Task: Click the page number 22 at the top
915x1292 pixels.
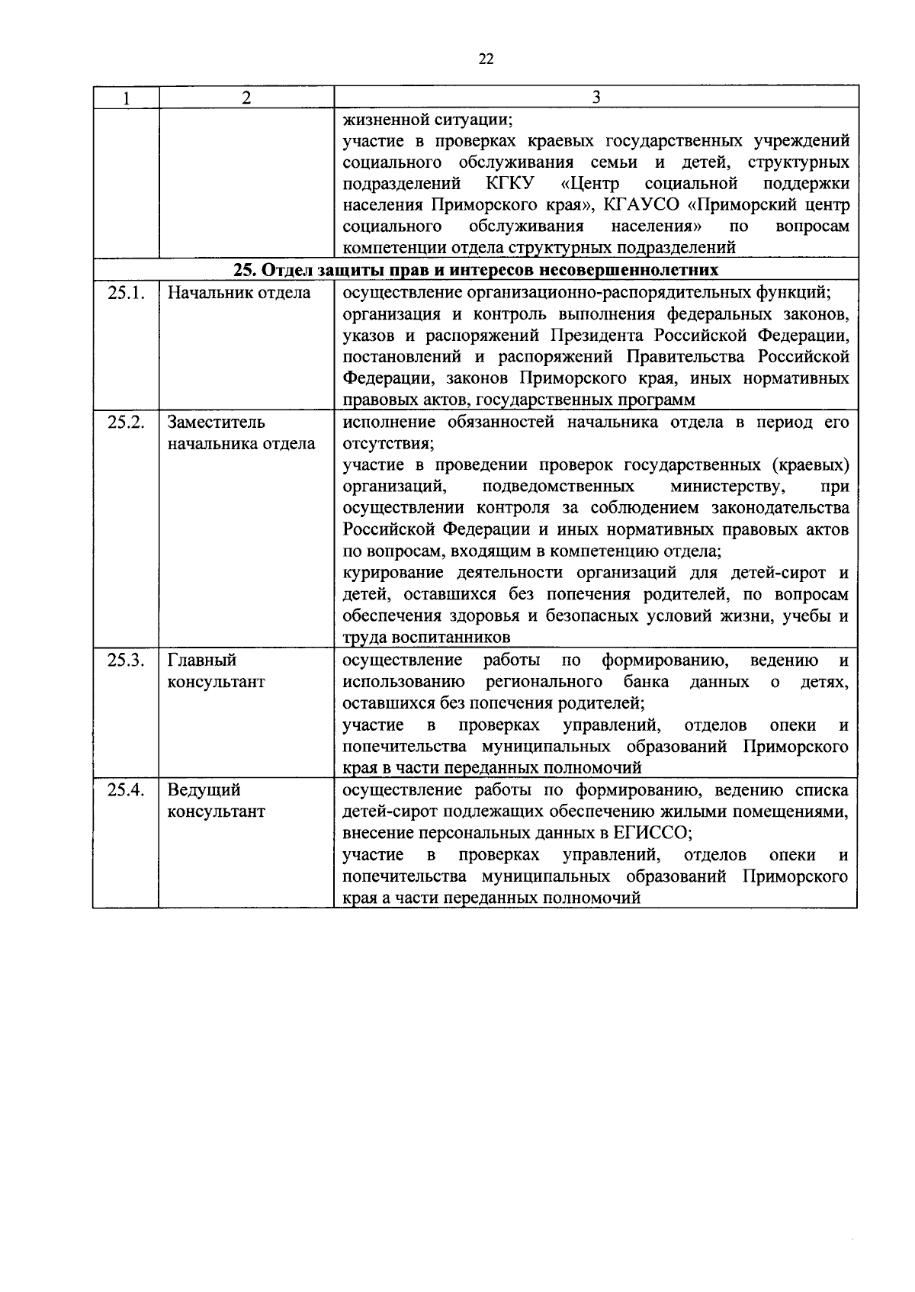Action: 486,59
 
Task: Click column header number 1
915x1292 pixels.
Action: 126,98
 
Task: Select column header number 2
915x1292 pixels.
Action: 246,98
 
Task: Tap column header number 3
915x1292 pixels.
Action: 596,97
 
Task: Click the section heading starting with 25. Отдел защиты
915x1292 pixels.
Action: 476,270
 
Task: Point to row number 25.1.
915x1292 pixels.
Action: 126,292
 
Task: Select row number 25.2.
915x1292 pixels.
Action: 126,422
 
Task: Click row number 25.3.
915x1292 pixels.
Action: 126,660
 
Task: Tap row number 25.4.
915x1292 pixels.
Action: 126,789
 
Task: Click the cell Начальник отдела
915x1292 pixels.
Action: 239,292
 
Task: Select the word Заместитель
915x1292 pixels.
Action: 217,422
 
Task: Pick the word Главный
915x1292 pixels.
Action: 202,660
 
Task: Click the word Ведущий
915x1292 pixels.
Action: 204,789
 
